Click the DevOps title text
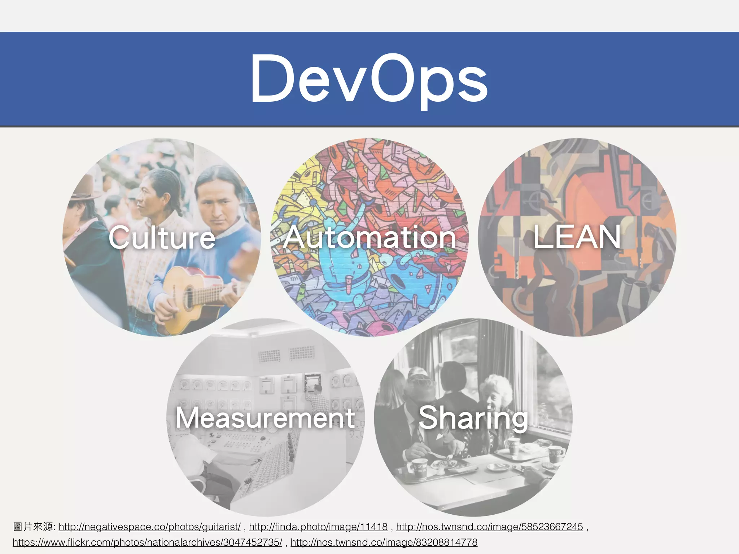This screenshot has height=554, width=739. (369, 79)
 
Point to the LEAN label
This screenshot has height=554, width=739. (577, 237)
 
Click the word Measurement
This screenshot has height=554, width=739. (265, 418)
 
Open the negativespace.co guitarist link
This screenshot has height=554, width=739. (149, 527)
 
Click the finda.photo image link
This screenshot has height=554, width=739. (318, 527)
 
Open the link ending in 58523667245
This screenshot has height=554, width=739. (489, 527)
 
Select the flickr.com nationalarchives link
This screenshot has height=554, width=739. (147, 542)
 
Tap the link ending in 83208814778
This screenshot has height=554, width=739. (384, 542)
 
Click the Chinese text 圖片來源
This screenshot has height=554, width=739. (33, 527)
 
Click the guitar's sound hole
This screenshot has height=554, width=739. (188, 296)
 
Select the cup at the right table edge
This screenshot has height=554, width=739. (554, 456)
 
